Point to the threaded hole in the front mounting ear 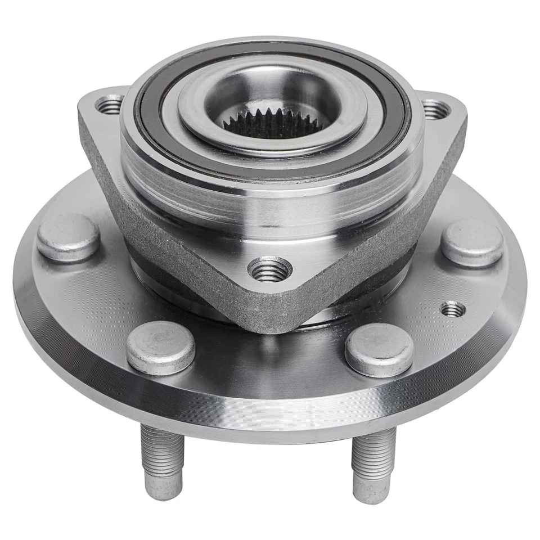(270, 271)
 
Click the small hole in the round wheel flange (452, 309)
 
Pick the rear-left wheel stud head (69, 237)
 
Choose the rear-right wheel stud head (471, 242)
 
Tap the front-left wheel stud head (160, 347)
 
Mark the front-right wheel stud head (379, 349)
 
